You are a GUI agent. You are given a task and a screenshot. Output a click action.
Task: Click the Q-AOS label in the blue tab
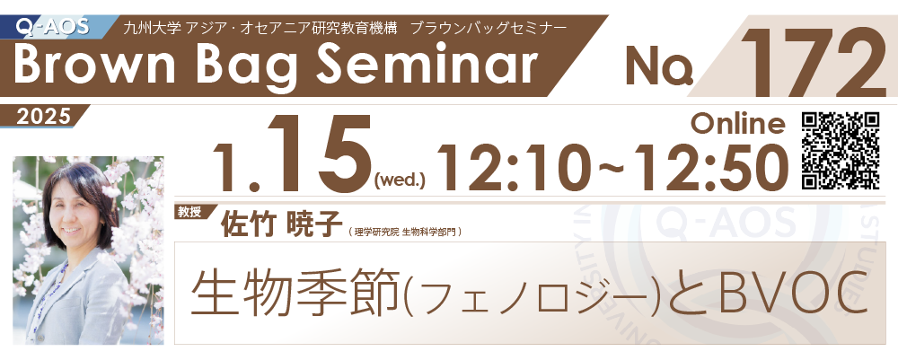(x=52, y=26)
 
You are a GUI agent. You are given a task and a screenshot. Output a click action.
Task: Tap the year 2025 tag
(x=43, y=116)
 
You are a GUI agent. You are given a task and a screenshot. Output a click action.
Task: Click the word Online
(x=738, y=123)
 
